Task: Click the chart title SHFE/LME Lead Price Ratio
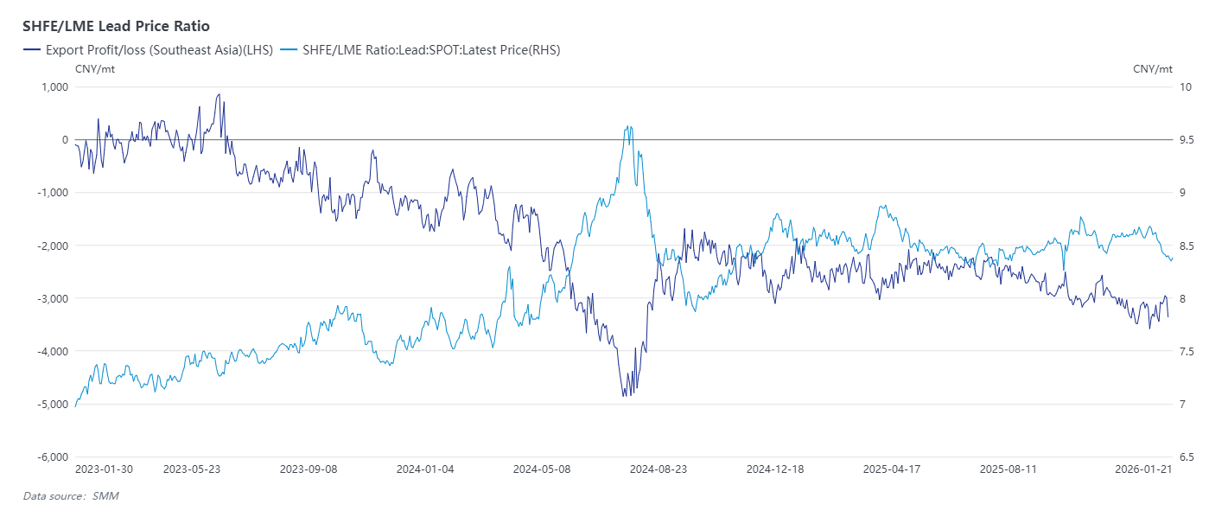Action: [116, 26]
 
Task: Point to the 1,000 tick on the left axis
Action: [54, 86]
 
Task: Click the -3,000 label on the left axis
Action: [51, 298]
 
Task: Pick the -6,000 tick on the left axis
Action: [51, 456]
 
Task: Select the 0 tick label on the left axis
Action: [64, 139]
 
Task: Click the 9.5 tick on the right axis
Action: [1187, 139]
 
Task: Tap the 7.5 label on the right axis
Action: [1187, 351]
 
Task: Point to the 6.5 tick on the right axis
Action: [1187, 456]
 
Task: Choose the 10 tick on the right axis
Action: [1185, 86]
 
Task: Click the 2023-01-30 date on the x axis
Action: [104, 469]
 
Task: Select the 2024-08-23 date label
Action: [658, 469]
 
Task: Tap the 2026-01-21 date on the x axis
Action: [1142, 469]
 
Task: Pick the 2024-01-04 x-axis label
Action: [424, 469]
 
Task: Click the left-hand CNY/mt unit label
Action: [95, 69]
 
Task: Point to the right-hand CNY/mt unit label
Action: [1153, 69]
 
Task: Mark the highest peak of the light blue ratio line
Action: [628, 126]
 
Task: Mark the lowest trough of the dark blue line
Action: [624, 396]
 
